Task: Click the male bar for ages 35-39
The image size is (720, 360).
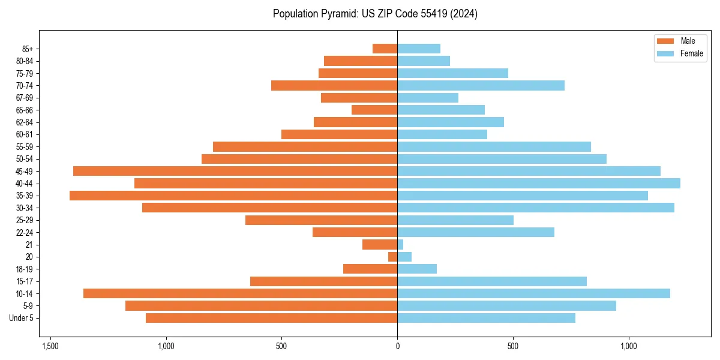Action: click(233, 196)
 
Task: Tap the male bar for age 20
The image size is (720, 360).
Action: click(393, 257)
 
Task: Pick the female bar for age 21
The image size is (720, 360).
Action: click(400, 245)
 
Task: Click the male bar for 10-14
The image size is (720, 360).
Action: click(240, 293)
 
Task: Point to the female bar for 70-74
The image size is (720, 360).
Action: click(481, 86)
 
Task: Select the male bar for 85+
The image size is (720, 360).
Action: click(385, 49)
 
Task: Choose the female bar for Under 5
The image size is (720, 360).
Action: click(486, 318)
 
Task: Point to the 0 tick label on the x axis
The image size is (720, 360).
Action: click(397, 347)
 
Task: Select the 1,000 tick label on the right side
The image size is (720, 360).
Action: click(628, 347)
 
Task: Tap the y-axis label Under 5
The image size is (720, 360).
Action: click(21, 318)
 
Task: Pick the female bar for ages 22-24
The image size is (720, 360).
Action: click(475, 232)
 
